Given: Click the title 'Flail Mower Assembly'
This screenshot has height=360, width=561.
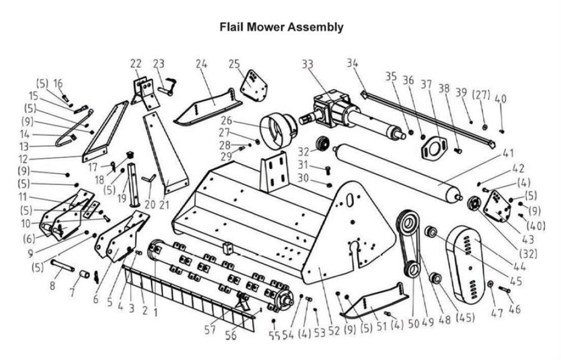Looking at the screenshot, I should click(x=281, y=26).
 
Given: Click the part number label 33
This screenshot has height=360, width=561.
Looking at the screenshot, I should click(x=307, y=64).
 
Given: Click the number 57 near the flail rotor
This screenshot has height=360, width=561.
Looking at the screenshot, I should click(x=210, y=330).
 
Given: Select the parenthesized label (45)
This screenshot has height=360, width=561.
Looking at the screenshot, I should click(x=463, y=318).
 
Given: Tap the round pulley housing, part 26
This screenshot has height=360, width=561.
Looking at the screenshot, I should click(x=278, y=131).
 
